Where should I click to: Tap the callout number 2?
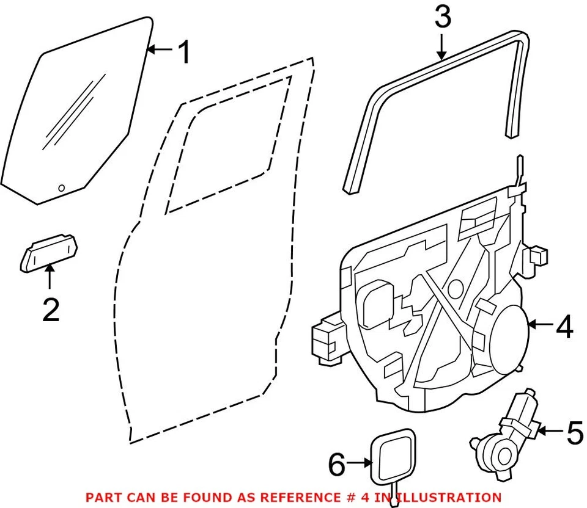(x=51, y=310)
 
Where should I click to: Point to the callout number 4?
(x=564, y=328)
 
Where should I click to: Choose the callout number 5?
(x=575, y=433)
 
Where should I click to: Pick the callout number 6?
(x=338, y=465)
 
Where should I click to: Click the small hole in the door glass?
(x=61, y=188)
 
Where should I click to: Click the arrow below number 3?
(x=442, y=45)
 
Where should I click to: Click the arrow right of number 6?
(x=361, y=465)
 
